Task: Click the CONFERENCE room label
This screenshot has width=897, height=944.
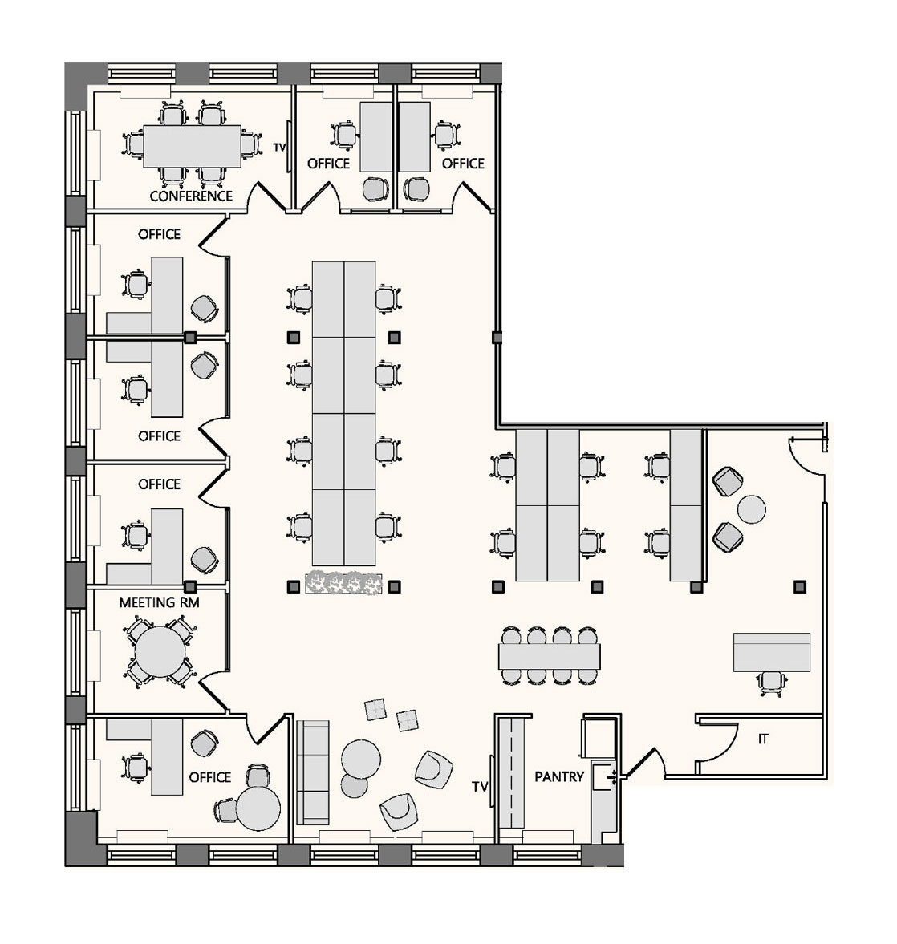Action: point(191,196)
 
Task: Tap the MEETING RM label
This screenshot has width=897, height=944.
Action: point(159,602)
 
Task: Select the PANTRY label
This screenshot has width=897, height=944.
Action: point(559,776)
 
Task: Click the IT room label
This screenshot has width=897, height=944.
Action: point(763,739)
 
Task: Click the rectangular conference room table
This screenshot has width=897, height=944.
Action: point(193,146)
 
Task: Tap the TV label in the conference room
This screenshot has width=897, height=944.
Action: point(279,147)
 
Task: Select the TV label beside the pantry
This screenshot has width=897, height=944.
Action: point(480,787)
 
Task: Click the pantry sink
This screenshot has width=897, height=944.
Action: point(603,777)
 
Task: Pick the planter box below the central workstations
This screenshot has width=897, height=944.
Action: point(344,583)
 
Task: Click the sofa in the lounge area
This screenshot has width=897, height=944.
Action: point(313,772)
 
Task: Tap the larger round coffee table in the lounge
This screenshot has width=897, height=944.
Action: point(361,759)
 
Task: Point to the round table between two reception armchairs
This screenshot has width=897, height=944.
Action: point(751,509)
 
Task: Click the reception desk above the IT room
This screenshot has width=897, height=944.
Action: point(771,652)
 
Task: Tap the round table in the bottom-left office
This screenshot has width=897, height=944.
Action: point(258,808)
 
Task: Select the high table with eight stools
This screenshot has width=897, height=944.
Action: point(550,655)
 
